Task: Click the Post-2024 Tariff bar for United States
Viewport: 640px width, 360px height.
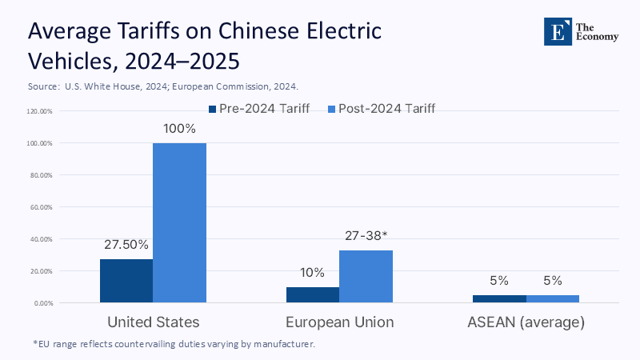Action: [x=179, y=222]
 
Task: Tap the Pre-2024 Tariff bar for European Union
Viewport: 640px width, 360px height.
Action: [x=312, y=294]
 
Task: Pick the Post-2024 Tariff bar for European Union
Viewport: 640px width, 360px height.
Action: [x=366, y=276]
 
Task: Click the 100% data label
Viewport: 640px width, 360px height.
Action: [x=179, y=128]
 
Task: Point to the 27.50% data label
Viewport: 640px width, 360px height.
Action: [x=126, y=244]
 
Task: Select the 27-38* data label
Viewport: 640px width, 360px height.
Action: [x=366, y=236]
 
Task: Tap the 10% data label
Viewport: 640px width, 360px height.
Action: [x=312, y=272]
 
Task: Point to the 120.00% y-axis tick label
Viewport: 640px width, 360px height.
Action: [x=39, y=111]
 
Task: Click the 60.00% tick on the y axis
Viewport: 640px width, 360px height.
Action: [x=40, y=207]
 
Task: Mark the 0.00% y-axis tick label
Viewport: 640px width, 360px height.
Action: [x=42, y=303]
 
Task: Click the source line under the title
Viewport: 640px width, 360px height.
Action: [x=168, y=85]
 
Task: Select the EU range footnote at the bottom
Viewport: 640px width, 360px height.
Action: [x=174, y=344]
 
